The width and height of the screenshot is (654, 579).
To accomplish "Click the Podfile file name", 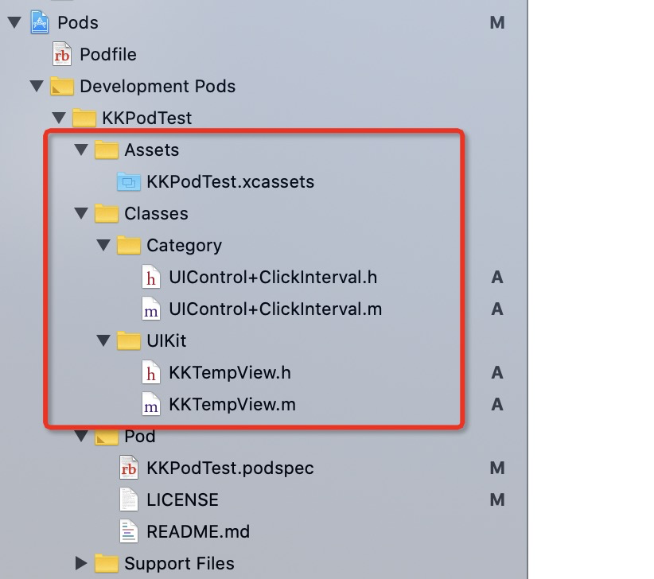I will [x=108, y=54].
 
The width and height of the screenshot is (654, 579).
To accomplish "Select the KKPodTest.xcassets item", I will [x=230, y=181].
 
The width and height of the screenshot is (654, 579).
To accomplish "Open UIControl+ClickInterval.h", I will [x=273, y=277].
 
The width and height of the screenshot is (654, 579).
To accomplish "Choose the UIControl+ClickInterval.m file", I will [x=275, y=309].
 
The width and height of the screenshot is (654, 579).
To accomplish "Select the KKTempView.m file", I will [x=232, y=404].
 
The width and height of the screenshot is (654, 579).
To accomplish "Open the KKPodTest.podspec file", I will [x=230, y=468].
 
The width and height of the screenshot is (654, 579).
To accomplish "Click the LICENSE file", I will [x=182, y=499].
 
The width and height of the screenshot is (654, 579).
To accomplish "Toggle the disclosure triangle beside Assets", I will [x=80, y=150].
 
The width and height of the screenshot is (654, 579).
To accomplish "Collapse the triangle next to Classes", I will [x=80, y=213].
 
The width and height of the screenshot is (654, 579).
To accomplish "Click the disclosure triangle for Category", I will [x=103, y=245].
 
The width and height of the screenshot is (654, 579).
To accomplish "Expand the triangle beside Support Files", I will [x=80, y=563].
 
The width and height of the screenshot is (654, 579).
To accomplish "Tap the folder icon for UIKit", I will [x=128, y=340].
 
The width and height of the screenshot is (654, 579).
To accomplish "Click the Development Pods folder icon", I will [x=61, y=86].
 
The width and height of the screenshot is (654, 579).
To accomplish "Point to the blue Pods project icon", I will [x=39, y=22].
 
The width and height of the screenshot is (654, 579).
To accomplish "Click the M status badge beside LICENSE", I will [x=497, y=499].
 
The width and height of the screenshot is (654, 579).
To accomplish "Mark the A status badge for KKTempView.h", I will [x=497, y=372].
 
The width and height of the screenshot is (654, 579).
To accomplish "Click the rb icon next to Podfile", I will [x=61, y=54].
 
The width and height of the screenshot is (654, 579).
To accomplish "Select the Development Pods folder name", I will [x=158, y=86].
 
